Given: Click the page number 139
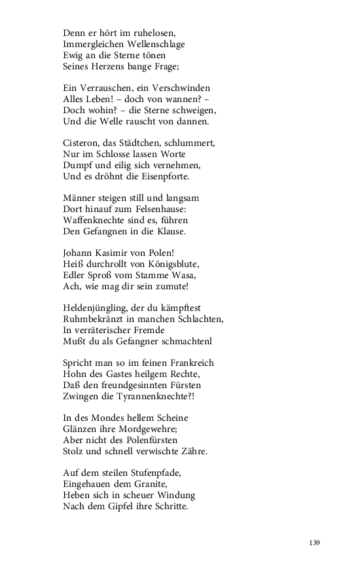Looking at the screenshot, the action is [314, 543].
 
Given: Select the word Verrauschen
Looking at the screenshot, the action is [106, 87].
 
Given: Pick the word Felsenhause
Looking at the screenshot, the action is [169, 209].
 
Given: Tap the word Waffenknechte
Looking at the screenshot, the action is [94, 220].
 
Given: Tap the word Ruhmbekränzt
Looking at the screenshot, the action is [93, 319].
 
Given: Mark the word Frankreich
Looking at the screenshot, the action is [189, 362].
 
